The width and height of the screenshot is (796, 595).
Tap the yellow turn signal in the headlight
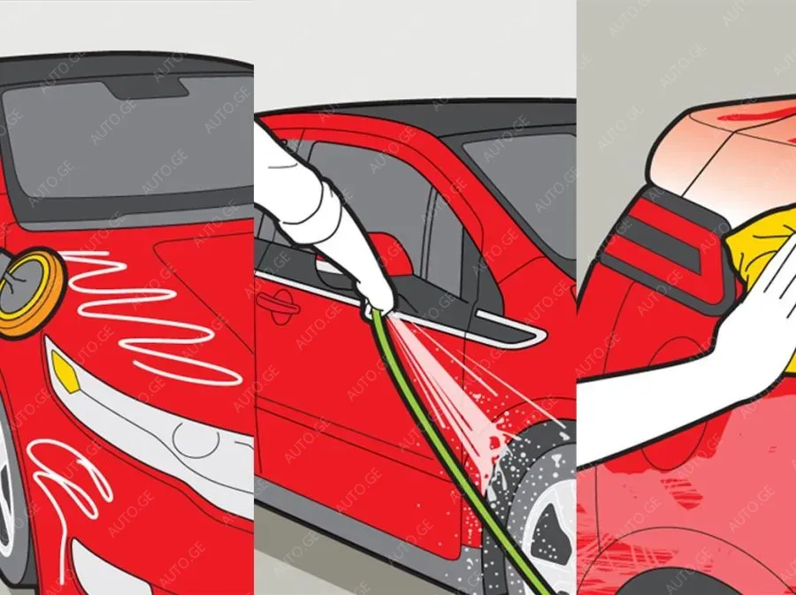click(x=65, y=372)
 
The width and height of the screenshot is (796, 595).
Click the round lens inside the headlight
click(x=195, y=439)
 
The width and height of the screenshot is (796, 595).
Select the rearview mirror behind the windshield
click(x=147, y=88)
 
